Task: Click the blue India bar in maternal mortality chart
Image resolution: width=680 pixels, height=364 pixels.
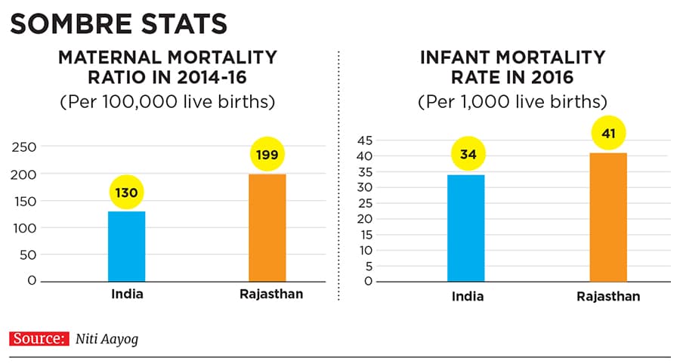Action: tap(126, 246)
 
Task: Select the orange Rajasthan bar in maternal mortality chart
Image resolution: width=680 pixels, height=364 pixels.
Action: tap(267, 227)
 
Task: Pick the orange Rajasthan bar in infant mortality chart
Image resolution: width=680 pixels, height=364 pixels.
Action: tap(607, 217)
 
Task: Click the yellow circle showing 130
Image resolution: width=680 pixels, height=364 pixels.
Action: tap(126, 193)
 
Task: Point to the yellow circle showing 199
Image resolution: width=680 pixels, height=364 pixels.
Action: tap(267, 156)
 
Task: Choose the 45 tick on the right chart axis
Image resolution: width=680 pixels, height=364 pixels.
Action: tap(363, 140)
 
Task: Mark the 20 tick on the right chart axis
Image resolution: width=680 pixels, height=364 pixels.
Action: tap(363, 219)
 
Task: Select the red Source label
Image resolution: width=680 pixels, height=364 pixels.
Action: tap(37, 339)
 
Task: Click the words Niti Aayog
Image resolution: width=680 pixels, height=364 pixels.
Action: tap(107, 340)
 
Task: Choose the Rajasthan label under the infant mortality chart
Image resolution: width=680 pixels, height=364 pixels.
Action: tap(607, 297)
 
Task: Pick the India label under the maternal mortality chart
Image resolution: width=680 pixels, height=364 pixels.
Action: tap(126, 294)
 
